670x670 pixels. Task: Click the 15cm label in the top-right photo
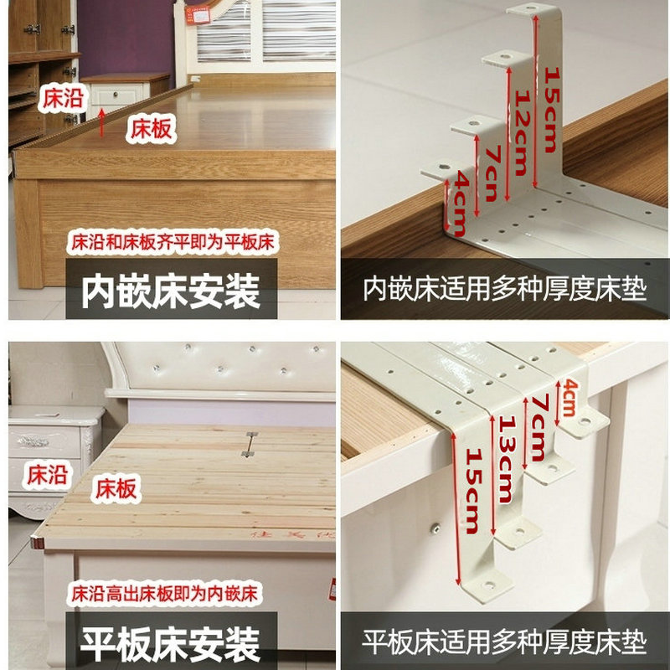coord(552,110)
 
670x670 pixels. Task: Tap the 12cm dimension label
coord(522,132)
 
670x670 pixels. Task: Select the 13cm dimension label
coord(506,459)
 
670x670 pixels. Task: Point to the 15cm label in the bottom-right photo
coord(473,491)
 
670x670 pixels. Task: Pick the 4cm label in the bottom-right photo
coord(569,398)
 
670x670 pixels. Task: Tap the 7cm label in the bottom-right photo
coord(539,428)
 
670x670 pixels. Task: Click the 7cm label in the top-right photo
coord(492,173)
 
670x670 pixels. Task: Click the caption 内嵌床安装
coord(171,291)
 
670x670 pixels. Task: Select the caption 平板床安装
coord(171,644)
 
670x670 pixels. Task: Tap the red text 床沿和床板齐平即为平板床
coord(173,242)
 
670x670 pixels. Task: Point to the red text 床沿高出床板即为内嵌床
coord(164,594)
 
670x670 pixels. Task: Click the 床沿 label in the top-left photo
coord(63,98)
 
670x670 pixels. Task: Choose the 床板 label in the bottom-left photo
coord(116,488)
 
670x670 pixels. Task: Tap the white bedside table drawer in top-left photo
coord(116,95)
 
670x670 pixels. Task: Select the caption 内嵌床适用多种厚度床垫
coord(505,289)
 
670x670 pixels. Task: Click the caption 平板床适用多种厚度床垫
coord(505,642)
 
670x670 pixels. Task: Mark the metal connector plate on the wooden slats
coord(250,445)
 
